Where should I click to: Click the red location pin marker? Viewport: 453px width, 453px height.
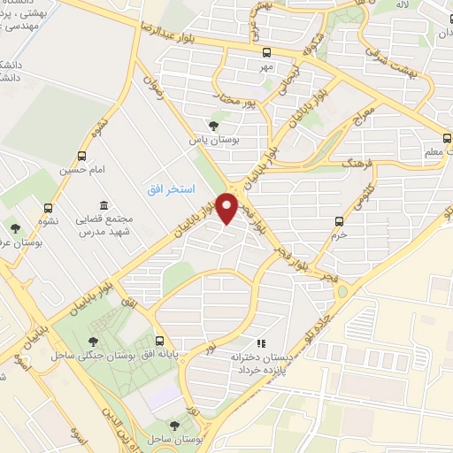click(x=228, y=209)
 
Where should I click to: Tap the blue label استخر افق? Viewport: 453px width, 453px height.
click(x=165, y=191)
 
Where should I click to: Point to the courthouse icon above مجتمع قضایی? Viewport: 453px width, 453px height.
click(x=104, y=205)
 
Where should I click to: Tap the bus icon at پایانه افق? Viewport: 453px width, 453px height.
click(x=159, y=341)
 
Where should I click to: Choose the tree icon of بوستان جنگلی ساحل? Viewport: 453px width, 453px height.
click(x=93, y=341)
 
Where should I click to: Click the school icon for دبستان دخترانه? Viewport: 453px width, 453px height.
click(x=260, y=343)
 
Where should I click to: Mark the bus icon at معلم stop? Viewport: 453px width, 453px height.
click(x=448, y=138)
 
